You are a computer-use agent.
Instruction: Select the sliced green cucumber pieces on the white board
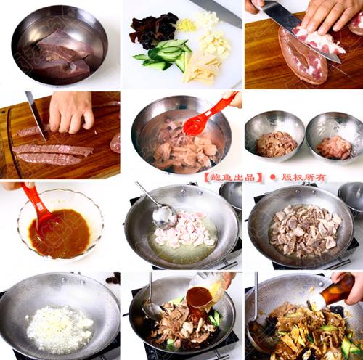tap(163, 54)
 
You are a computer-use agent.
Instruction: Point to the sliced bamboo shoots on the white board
tap(201, 69)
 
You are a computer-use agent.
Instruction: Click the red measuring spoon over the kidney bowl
tap(208, 114)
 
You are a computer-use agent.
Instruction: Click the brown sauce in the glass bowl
tap(60, 234)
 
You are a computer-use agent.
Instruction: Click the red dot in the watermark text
tap(273, 177)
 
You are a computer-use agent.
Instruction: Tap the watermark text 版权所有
tap(303, 177)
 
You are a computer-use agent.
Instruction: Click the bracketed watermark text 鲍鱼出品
tap(233, 177)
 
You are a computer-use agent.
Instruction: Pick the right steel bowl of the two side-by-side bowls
tap(335, 139)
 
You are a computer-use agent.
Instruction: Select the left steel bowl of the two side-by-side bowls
tap(274, 136)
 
